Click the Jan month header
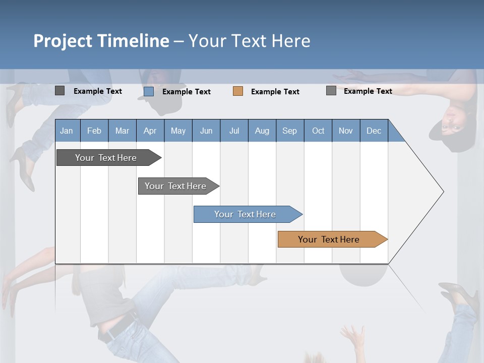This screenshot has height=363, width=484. click(x=67, y=131)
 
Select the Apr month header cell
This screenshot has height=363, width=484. click(x=150, y=131)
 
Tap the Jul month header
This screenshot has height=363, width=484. click(x=234, y=131)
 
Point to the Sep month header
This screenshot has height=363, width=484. click(x=289, y=131)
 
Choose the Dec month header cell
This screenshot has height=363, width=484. click(x=374, y=131)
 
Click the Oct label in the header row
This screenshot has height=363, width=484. click(x=318, y=131)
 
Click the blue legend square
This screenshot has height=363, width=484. click(x=149, y=91)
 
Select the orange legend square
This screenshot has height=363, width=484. click(x=238, y=91)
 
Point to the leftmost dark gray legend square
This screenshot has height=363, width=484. click(x=59, y=91)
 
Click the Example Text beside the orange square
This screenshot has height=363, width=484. click(x=275, y=92)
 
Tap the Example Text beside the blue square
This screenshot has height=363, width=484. click(x=187, y=92)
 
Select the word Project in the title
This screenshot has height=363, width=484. click(x=63, y=41)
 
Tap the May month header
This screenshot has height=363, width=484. click(x=178, y=131)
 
